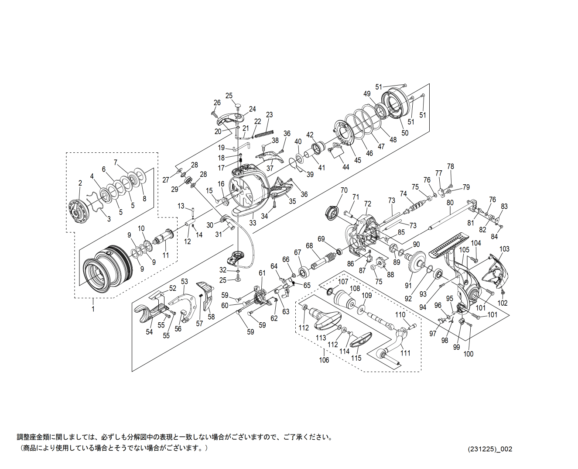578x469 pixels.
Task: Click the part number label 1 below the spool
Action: pyautogui.click(x=92, y=309)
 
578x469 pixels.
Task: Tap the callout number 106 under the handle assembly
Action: pyautogui.click(x=324, y=360)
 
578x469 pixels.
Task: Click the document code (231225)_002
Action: pyautogui.click(x=490, y=449)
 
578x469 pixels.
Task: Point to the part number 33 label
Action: pyautogui.click(x=253, y=223)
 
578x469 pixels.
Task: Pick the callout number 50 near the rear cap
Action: pyautogui.click(x=405, y=133)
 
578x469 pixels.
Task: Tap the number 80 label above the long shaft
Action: pyautogui.click(x=450, y=203)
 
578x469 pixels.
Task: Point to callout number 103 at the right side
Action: pyautogui.click(x=504, y=249)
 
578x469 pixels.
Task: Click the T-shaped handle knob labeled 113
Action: pyautogui.click(x=325, y=318)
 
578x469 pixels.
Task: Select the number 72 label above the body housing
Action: pyautogui.click(x=367, y=204)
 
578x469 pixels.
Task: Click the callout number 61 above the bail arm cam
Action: pyautogui.click(x=262, y=273)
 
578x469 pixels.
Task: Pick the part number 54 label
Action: pyautogui.click(x=149, y=332)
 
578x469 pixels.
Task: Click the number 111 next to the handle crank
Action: pyautogui.click(x=405, y=353)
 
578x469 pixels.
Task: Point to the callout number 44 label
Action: pyautogui.click(x=345, y=167)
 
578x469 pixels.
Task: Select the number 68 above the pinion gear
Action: pyautogui.click(x=309, y=246)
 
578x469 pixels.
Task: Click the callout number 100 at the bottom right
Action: pyautogui.click(x=468, y=354)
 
